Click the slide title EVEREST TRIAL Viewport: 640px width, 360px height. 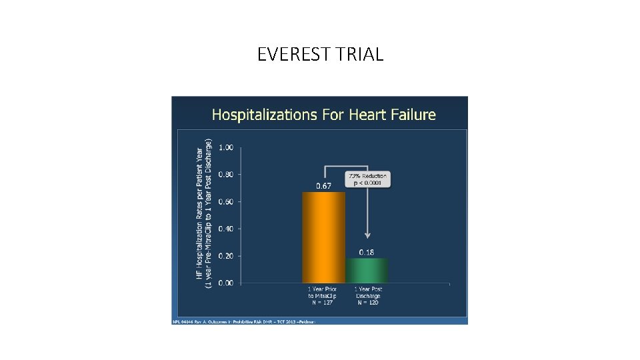click(x=320, y=55)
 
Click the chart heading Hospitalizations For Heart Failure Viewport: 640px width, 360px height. click(x=323, y=115)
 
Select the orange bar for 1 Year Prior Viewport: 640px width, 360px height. click(x=323, y=237)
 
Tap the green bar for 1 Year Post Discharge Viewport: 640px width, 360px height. click(x=366, y=270)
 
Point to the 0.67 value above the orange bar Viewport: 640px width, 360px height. click(x=323, y=186)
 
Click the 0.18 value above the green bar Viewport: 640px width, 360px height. click(x=366, y=252)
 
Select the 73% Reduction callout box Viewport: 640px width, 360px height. click(x=367, y=179)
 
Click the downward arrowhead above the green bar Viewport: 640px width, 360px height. click(x=367, y=235)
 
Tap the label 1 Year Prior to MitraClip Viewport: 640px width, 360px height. click(x=323, y=296)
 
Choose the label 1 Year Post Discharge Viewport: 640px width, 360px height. click(x=367, y=296)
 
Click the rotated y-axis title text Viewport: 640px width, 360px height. click(x=204, y=213)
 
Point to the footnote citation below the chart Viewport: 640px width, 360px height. click(x=244, y=321)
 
